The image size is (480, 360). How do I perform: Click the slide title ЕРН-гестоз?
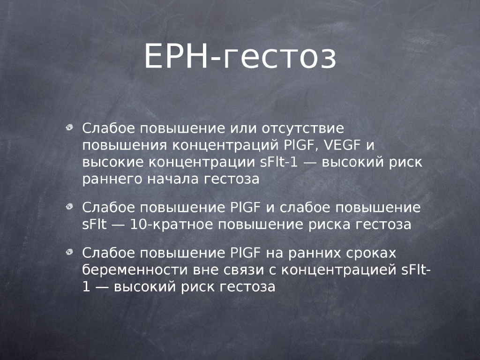pos(240,56)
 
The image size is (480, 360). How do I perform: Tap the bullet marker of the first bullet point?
pos(69,127)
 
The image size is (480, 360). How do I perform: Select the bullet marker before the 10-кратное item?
pos(69,207)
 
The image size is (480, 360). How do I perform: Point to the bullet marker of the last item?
pos(69,252)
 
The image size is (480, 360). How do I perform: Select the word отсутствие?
pos(303,128)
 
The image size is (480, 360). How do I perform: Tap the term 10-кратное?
pos(172,225)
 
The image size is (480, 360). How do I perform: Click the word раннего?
pos(112,179)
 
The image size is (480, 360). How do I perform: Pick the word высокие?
pos(112,162)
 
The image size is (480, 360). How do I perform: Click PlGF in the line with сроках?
pos(245,253)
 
